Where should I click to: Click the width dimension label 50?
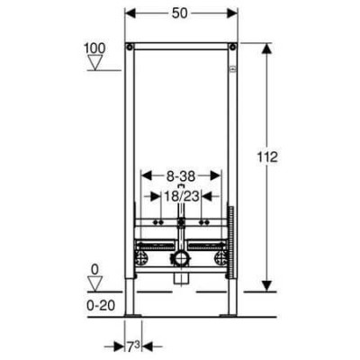[180, 13]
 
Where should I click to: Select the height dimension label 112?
[267, 157]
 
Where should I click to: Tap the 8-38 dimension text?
[181, 176]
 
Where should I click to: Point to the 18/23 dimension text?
[181, 196]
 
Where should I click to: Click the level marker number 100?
[94, 48]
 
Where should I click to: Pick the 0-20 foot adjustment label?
[101, 306]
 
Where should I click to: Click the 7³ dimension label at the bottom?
[133, 347]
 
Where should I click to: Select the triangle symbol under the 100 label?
[95, 62]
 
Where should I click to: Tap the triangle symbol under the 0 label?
[94, 283]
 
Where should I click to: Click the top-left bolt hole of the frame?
[130, 47]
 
